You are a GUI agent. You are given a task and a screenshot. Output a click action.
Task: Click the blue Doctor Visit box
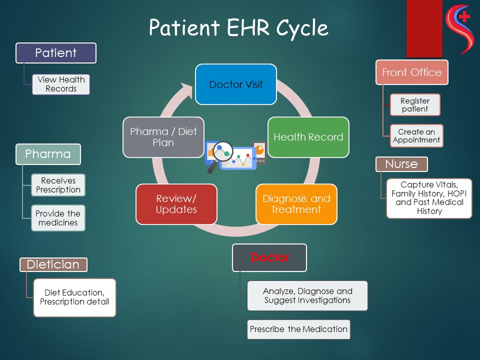[235, 84]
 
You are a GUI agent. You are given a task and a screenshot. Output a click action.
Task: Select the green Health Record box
[308, 137]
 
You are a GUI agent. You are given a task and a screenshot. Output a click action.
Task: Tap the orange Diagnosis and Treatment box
[296, 204]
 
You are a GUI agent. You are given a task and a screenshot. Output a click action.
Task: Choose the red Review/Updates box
[176, 204]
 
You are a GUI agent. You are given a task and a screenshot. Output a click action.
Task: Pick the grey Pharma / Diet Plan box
[163, 137]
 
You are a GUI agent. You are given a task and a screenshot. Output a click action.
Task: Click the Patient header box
[56, 53]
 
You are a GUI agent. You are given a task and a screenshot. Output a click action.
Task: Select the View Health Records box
[61, 84]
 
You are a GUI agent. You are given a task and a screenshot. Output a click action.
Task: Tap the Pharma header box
[48, 154]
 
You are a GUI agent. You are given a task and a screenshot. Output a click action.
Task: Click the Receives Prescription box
[58, 185]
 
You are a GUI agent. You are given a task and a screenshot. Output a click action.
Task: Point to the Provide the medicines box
[58, 217]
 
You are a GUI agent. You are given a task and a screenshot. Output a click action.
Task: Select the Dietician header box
[53, 264]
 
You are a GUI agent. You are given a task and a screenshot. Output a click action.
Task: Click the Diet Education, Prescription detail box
[74, 297]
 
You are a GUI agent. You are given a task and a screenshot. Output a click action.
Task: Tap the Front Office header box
[411, 72]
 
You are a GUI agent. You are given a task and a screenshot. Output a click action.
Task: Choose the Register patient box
[415, 105]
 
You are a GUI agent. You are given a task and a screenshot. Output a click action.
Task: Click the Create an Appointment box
[416, 136]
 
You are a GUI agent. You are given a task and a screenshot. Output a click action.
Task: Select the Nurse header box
[401, 164]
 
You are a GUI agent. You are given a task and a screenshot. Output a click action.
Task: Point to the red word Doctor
[270, 257]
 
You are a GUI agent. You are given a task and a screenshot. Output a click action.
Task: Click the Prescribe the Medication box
[298, 329]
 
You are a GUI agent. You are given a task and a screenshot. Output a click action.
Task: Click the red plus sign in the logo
[464, 16]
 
